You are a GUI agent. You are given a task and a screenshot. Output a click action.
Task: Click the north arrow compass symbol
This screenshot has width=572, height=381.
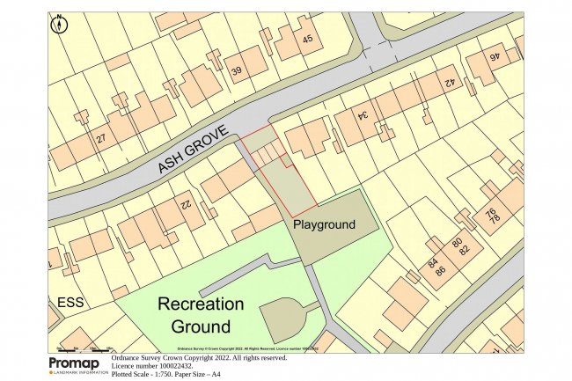coord(59,24)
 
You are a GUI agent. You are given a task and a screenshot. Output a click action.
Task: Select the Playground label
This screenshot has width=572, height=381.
coord(324,225)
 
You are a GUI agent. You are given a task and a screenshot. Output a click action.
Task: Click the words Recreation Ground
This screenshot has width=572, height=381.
coord(200,315)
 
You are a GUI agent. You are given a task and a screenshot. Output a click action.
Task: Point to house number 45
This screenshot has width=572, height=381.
coord(307,39)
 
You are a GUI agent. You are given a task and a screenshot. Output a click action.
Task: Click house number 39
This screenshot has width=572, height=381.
coord(237,70)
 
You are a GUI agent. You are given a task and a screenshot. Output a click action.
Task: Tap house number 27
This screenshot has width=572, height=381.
coord(101,139)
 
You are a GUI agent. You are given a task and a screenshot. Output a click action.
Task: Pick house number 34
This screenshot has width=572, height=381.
coord(360,115)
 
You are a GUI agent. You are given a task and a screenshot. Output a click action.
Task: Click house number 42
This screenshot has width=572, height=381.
coord(448,84)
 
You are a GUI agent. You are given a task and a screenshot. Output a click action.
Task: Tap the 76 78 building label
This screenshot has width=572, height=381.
coord(492,215)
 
